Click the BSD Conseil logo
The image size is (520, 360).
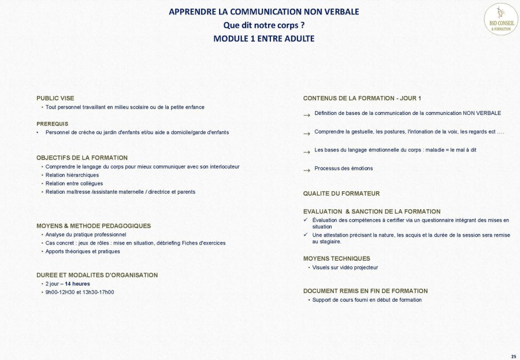point(500,19)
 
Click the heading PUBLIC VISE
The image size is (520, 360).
point(55,98)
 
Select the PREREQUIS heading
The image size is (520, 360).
point(53,124)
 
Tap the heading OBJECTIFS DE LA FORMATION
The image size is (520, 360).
point(82,158)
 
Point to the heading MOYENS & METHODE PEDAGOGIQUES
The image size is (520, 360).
point(94,226)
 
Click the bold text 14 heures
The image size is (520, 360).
point(77,284)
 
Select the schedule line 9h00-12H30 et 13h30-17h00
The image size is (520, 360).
point(80,292)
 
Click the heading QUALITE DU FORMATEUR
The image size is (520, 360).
point(341,194)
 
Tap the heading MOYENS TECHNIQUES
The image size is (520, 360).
point(337,259)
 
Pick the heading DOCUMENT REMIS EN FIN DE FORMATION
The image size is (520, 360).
point(366,291)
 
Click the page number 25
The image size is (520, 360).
point(514,356)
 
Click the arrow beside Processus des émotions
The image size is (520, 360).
point(307,170)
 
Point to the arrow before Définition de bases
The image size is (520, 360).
point(307,114)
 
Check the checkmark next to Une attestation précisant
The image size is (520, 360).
point(306,235)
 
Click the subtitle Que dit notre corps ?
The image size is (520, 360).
point(263,25)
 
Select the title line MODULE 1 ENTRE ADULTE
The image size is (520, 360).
point(263,39)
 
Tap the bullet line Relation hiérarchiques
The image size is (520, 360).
point(72,175)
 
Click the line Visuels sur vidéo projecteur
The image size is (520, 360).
point(345,268)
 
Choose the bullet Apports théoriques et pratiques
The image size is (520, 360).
point(83,251)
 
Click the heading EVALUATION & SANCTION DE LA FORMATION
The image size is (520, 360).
point(372,211)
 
